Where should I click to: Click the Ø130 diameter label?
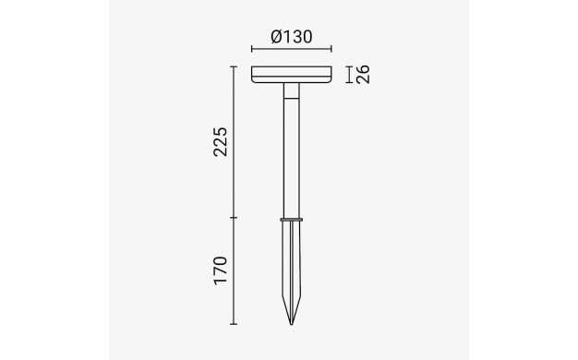292,37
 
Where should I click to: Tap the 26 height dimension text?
363,75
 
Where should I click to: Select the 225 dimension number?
221,142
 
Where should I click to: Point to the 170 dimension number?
221,270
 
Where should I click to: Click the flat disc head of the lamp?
292,75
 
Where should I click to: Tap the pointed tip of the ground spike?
291,324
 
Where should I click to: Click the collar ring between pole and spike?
291,220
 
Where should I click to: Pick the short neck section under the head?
291,90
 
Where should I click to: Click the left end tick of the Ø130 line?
252,49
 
